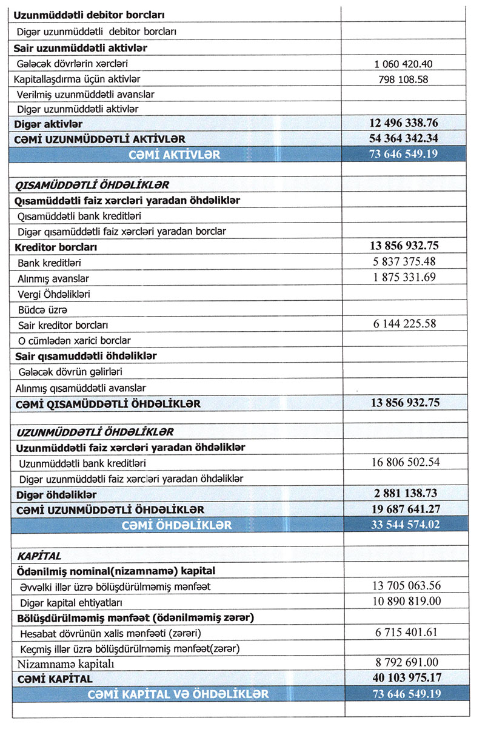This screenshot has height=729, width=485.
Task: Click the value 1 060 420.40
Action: pos(404,64)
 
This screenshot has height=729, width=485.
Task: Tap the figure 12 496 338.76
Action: pos(404,124)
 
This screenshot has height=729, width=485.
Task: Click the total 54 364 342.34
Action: pos(404,139)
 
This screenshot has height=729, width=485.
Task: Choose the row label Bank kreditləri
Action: pos(50,263)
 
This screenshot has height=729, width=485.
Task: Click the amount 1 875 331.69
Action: pos(404,278)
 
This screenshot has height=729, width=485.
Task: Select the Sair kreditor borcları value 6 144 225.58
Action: pos(404,324)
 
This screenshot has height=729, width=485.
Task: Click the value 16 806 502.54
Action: pos(404,463)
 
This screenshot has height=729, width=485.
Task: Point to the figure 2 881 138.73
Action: pos(404,493)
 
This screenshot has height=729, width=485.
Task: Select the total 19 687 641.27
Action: pos(404,509)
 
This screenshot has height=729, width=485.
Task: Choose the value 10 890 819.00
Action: pos(404,601)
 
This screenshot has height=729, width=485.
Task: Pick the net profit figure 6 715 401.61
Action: pos(404,633)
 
